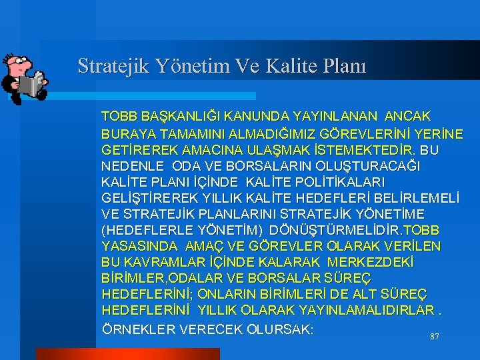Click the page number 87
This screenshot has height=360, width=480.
pos(434,337)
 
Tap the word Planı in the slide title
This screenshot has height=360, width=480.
pos(341,66)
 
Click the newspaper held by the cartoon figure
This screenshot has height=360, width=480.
pos(31,85)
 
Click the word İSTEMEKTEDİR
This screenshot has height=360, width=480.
pos(362,149)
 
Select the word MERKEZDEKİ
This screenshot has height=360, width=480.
pos(375,263)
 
